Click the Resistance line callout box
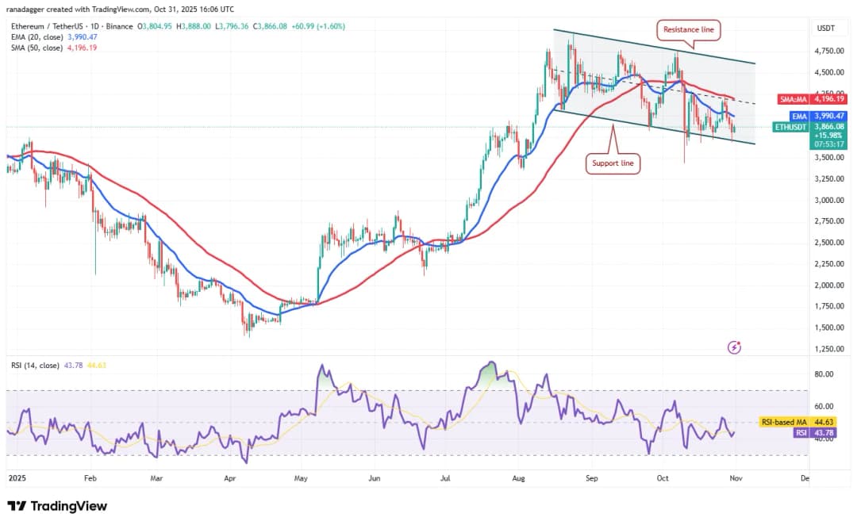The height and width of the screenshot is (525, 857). point(687,30)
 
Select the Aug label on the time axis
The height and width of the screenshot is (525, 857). point(518,479)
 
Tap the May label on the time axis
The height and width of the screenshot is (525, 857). point(301,479)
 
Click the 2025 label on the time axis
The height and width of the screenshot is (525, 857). point(17,479)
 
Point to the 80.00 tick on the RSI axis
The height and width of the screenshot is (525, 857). point(823,374)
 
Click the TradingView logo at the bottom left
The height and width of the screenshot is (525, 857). point(57,506)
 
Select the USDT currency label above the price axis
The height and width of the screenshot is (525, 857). point(825,29)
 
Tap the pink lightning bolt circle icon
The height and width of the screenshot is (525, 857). point(734,347)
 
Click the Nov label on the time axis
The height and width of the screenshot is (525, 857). point(735,479)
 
